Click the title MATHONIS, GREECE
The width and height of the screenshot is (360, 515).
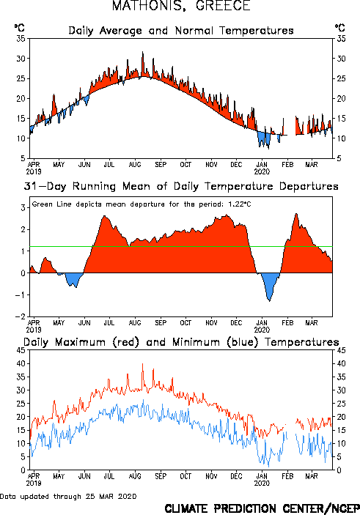181,6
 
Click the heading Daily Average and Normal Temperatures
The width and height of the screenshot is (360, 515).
181,31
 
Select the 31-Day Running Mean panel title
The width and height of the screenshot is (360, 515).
181,186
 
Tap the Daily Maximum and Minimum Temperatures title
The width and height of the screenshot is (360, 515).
181,342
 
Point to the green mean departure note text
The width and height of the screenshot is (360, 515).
142,204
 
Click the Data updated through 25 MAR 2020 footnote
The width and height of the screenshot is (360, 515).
68,496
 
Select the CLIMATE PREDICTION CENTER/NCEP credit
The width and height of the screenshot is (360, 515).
262,508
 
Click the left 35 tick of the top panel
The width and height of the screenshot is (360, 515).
21,39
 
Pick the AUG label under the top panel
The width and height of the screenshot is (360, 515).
134,164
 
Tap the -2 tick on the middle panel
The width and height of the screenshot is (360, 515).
21,316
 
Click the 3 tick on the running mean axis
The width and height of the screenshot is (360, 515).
23,207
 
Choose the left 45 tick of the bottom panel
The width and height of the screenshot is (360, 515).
21,350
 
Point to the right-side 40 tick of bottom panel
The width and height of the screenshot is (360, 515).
341,363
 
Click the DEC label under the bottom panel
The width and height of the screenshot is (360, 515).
236,476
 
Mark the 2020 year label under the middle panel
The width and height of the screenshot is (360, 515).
262,330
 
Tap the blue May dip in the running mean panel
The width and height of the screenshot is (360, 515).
74,279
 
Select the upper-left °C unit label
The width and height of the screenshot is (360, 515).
19,27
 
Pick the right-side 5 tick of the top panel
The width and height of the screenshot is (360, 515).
339,158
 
